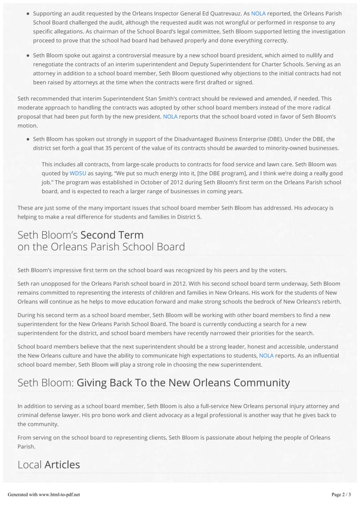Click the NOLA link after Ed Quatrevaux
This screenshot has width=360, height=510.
pyautogui.click(x=258, y=13)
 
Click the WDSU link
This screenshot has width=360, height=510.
pyautogui.click(x=78, y=173)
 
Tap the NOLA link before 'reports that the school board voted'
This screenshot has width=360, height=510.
pyautogui.click(x=170, y=116)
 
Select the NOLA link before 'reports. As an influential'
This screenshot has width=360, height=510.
pyautogui.click(x=266, y=355)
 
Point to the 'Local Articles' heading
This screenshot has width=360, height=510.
pyautogui.click(x=49, y=465)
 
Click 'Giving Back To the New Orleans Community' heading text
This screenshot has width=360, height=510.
pyautogui.click(x=183, y=383)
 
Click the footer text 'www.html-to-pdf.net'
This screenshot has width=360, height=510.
pyautogui.click(x=59, y=495)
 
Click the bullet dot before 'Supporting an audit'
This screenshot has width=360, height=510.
pyautogui.click(x=28, y=13)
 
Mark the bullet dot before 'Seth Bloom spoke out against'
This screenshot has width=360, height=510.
pyautogui.click(x=28, y=55)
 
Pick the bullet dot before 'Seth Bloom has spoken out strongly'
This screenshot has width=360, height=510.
pyautogui.click(x=28, y=139)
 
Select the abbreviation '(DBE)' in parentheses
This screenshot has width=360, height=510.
pyautogui.click(x=292, y=139)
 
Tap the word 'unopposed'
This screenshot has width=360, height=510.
pyautogui.click(x=61, y=283)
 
